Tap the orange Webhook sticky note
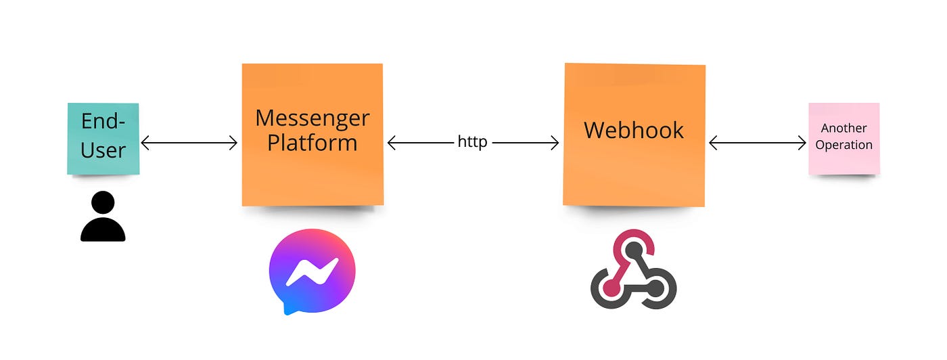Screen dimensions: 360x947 [634, 169]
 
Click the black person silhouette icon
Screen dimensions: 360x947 [103, 217]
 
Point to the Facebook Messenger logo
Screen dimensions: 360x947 [312, 271]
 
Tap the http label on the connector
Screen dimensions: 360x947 [472, 143]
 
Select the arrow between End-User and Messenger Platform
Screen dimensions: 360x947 [189, 143]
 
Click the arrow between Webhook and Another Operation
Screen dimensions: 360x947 [758, 143]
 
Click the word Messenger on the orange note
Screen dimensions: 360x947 [313, 119]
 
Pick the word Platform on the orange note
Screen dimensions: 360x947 [312, 143]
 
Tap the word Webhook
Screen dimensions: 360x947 [634, 130]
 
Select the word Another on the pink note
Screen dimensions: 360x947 [844, 128]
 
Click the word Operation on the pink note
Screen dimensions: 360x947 [844, 145]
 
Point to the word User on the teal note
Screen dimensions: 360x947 [103, 150]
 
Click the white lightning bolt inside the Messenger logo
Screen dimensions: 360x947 [312, 271]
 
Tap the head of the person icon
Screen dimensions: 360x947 [103, 203]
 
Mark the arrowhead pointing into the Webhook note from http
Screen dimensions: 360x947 [554, 143]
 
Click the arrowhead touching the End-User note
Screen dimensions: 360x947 [145, 143]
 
